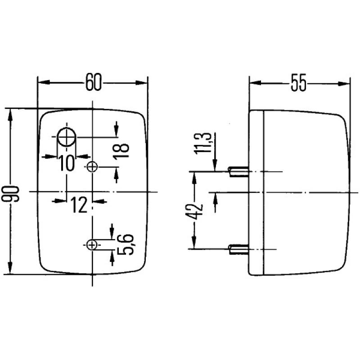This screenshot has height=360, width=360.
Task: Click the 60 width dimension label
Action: [x=93, y=83]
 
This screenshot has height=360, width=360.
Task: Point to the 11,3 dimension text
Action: [x=205, y=143]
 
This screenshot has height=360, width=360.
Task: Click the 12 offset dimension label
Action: [x=79, y=205]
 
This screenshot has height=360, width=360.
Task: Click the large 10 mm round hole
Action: [x=67, y=137]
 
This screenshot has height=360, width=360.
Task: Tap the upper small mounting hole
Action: [x=92, y=167]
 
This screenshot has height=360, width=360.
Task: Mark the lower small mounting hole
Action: [x=92, y=245]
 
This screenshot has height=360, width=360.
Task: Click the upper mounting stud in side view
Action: [x=239, y=171]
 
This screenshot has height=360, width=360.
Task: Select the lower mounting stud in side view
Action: [x=239, y=248]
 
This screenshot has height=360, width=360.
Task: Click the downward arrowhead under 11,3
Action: [x=216, y=166]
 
